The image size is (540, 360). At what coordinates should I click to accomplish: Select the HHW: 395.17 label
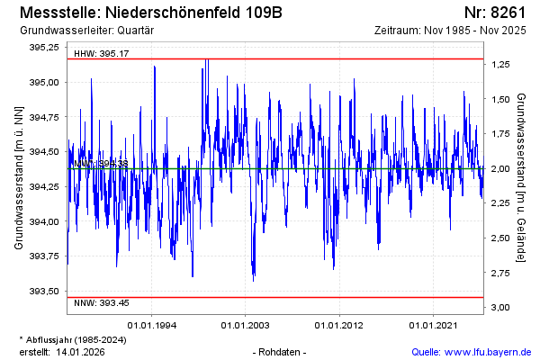click(101, 54)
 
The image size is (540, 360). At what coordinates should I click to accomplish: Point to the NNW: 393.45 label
click(101, 302)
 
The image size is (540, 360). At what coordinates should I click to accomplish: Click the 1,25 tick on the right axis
click(499, 65)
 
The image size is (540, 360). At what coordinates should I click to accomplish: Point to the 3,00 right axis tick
click(499, 308)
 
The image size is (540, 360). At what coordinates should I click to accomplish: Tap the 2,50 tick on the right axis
click(499, 238)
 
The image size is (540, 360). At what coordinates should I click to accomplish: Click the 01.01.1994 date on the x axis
click(151, 325)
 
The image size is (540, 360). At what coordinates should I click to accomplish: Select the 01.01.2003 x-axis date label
click(245, 325)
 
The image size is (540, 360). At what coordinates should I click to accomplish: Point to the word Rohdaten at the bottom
click(281, 352)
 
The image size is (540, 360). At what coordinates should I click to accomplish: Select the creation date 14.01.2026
click(81, 352)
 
